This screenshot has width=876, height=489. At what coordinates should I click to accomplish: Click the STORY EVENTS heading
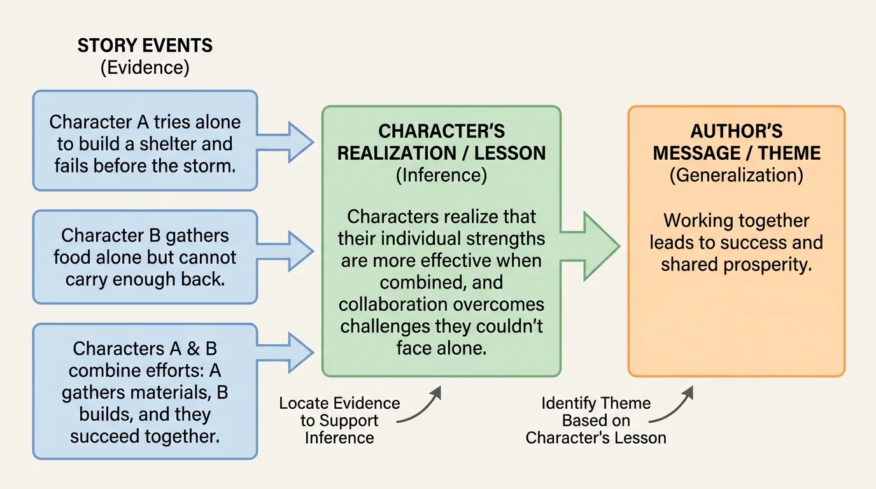(145, 46)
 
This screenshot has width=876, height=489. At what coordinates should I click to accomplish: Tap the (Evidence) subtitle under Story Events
(145, 67)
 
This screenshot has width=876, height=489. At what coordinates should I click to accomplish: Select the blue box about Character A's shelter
(145, 141)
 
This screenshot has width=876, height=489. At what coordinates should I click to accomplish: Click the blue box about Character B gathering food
(145, 257)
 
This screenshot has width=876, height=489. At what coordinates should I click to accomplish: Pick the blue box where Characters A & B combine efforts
(145, 392)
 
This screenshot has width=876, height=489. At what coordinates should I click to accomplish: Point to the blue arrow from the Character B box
(286, 250)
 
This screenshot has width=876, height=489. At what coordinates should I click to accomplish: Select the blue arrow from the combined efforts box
(286, 350)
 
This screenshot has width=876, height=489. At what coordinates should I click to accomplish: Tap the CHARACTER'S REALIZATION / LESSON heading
(441, 142)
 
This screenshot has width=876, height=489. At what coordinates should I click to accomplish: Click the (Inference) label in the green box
(441, 175)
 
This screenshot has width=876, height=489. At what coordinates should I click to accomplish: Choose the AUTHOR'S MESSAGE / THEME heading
(737, 142)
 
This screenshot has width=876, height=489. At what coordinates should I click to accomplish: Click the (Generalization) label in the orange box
(737, 175)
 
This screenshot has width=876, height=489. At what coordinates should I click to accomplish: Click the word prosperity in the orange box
(773, 264)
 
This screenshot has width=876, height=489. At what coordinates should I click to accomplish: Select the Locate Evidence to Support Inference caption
(339, 420)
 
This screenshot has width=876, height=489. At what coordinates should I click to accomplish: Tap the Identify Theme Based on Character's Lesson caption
(596, 420)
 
